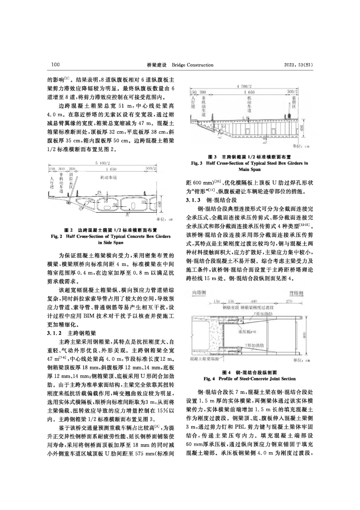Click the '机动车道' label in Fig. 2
(108, 177)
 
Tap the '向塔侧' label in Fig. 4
(199, 293)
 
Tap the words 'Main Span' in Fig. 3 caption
(250, 169)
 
